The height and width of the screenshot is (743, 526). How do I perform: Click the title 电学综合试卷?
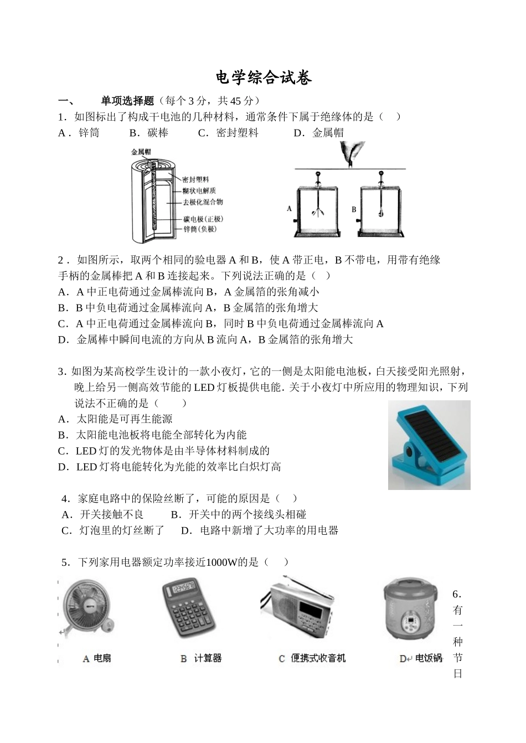(x=264, y=78)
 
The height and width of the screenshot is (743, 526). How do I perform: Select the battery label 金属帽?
(x=141, y=151)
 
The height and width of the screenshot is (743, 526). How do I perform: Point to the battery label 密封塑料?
(x=195, y=179)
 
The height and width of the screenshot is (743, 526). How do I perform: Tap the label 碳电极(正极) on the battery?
(x=202, y=219)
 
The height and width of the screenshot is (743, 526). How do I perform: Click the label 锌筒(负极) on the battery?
(x=199, y=229)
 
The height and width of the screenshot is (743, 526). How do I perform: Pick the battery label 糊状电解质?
(x=199, y=191)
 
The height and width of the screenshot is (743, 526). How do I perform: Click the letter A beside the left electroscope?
(x=289, y=209)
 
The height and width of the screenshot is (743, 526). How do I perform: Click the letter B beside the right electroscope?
(x=354, y=210)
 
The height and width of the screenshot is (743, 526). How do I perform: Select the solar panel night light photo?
(x=429, y=445)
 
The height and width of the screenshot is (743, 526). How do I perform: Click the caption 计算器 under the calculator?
(x=208, y=658)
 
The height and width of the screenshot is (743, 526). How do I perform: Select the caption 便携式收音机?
(x=318, y=658)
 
